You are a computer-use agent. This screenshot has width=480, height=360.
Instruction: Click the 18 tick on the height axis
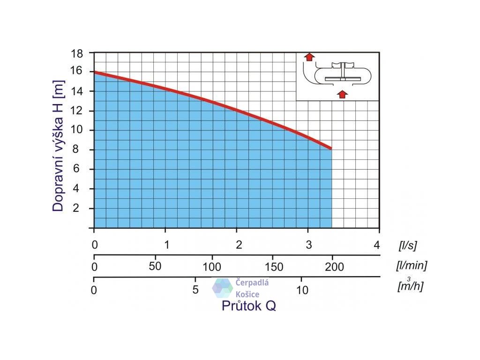click(77, 53)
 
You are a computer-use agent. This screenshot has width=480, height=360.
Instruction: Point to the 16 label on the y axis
click(77, 71)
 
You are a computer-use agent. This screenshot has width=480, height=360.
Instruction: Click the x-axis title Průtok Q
click(249, 306)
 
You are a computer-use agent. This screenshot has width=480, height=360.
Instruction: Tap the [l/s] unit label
click(407, 245)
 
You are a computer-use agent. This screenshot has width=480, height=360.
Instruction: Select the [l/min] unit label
click(411, 266)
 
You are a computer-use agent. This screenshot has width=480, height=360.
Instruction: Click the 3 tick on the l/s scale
click(308, 244)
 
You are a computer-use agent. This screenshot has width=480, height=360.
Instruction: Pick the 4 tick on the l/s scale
click(376, 244)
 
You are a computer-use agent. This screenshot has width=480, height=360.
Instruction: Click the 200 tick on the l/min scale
click(335, 267)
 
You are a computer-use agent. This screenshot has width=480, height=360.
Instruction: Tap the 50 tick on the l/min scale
click(155, 266)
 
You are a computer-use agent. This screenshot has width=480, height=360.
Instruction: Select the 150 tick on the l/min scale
click(274, 267)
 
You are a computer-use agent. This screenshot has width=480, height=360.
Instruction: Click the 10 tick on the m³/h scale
click(302, 290)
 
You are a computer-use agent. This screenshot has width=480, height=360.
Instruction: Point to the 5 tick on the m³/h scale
click(196, 290)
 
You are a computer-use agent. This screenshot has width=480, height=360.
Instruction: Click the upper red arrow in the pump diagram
click(309, 57)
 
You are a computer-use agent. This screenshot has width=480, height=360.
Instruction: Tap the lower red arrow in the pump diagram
click(343, 94)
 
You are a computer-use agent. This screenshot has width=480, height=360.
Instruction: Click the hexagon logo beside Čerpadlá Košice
click(223, 288)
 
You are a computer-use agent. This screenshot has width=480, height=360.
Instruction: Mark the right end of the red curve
click(331, 148)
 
